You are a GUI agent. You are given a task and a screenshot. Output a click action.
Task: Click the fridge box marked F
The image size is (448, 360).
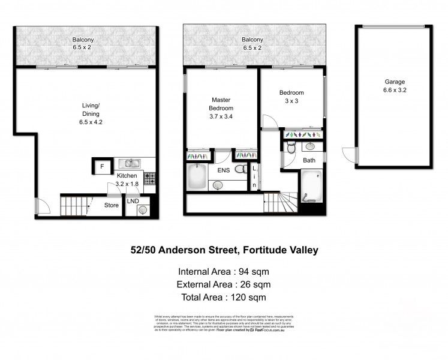[x=102, y=166]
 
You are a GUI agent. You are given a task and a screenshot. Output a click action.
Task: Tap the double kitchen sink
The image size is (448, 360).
[x=129, y=163]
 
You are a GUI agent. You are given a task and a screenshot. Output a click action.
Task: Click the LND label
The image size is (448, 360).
[x=132, y=201]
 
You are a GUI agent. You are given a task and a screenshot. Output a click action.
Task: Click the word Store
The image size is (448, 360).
[x=112, y=205]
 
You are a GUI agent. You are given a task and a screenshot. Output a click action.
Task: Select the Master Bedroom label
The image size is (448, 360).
[x=220, y=104]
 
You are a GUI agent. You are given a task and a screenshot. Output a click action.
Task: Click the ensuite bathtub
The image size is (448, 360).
[x=196, y=178]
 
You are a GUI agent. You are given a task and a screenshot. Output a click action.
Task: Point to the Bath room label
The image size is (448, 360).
[x=309, y=161]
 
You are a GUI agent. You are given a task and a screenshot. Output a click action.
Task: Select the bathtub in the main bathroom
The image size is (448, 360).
[x=311, y=188]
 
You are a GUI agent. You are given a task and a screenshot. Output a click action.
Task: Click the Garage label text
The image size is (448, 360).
[x=395, y=82]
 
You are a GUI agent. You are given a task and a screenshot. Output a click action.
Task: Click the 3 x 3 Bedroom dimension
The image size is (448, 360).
[x=291, y=101]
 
